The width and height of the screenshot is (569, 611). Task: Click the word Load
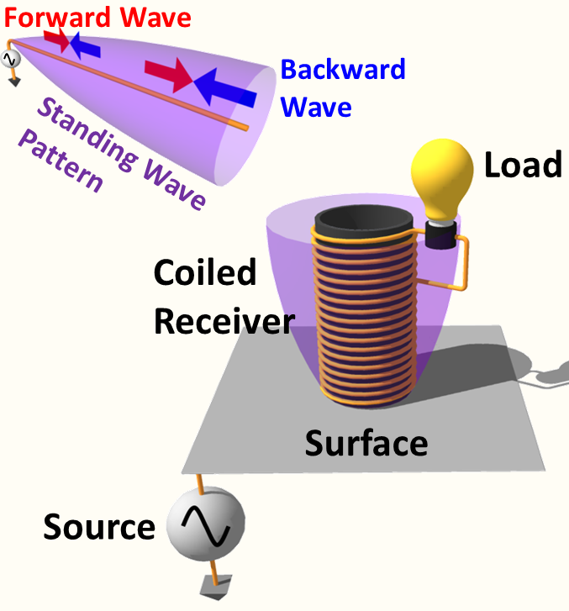click(x=522, y=165)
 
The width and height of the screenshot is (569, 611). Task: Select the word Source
click(x=99, y=527)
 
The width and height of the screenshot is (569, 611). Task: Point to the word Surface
click(x=366, y=442)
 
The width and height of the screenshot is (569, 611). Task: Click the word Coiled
click(x=204, y=273)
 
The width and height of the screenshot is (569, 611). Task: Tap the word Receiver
click(x=224, y=320)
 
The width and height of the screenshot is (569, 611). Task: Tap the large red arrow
click(x=171, y=75)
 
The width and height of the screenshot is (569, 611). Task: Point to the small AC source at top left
click(x=11, y=59)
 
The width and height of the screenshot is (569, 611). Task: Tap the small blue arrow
click(x=83, y=45)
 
